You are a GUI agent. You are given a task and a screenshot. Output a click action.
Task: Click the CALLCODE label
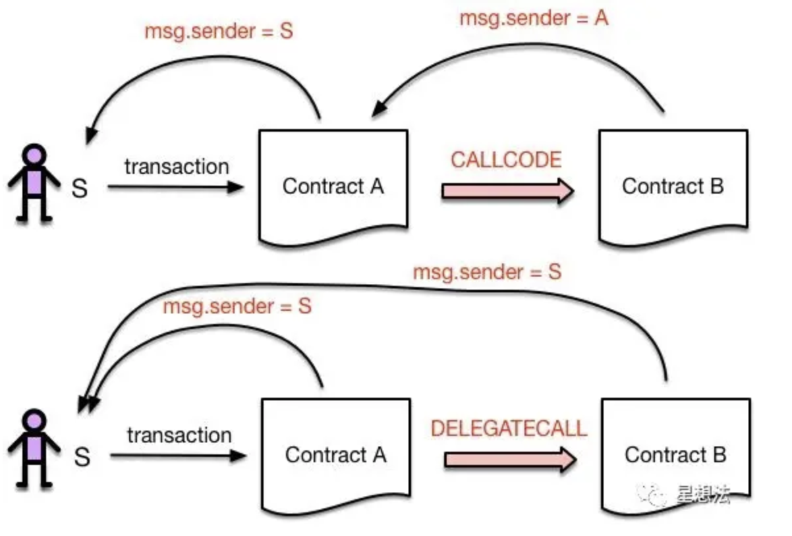click(506, 160)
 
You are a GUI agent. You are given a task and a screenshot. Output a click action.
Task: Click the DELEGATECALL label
click(508, 429)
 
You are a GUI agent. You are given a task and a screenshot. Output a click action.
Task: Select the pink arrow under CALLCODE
click(507, 191)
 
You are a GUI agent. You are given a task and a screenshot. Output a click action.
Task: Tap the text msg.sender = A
click(534, 18)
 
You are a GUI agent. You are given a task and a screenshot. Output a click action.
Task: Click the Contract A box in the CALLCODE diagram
click(333, 187)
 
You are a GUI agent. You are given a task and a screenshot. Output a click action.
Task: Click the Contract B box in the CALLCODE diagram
click(673, 187)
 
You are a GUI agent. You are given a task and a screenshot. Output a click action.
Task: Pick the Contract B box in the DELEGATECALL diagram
click(675, 455)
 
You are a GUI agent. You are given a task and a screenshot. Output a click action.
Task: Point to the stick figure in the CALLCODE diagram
click(34, 184)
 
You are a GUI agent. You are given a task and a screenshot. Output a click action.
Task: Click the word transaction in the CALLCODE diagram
click(177, 167)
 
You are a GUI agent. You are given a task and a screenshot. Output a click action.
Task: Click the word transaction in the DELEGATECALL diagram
click(179, 435)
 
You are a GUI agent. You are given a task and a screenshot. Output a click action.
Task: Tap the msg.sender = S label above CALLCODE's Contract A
click(219, 32)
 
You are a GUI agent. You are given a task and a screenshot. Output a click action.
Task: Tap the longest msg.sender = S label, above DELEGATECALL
click(487, 272)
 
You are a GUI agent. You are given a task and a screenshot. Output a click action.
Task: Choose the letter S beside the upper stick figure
click(79, 190)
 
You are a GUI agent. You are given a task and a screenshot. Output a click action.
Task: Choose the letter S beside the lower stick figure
click(82, 456)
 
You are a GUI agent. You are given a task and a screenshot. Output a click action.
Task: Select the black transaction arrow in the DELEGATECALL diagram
click(178, 455)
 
